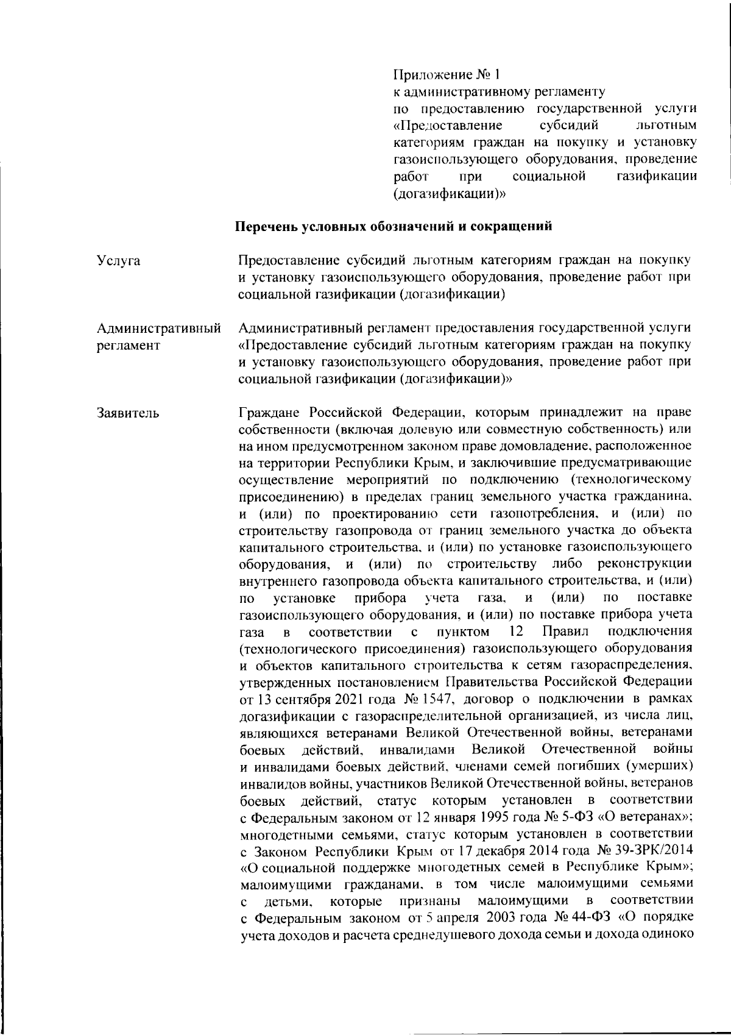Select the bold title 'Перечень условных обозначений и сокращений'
click(x=394, y=227)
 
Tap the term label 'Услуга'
click(x=118, y=261)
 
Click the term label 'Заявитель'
click(x=129, y=413)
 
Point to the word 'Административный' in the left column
click(x=158, y=329)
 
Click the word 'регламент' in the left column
click(x=129, y=346)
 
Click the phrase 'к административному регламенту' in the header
click(x=498, y=92)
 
